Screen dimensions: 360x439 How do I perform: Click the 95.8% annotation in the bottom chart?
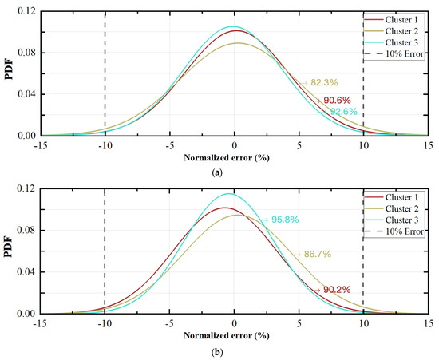281,219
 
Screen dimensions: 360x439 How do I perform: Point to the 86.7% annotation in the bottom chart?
317,254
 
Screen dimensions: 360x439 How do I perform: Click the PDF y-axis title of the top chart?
7,73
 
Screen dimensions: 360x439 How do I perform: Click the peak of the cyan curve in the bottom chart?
230,193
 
